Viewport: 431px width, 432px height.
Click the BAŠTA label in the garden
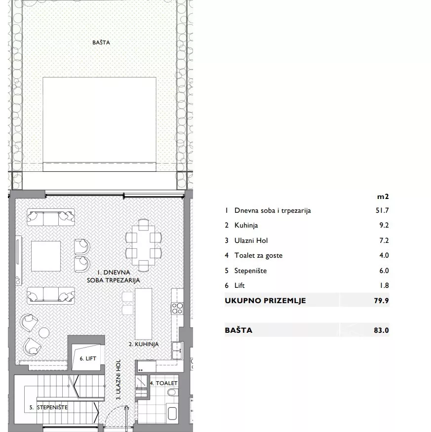[x=101, y=42]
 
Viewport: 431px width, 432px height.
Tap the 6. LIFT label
[x=88, y=358]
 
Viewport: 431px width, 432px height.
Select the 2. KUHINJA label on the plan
[x=144, y=344]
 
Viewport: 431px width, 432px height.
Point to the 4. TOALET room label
[x=164, y=383]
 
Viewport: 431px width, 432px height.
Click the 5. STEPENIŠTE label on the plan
[x=48, y=407]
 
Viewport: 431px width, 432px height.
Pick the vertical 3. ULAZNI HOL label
[x=118, y=379]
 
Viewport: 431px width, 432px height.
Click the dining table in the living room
[x=143, y=245]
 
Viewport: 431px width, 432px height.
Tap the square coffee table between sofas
[x=46, y=256]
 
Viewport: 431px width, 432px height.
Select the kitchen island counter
[x=143, y=314]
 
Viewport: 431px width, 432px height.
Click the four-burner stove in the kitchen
[x=177, y=308]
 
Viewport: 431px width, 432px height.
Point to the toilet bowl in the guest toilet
[x=173, y=392]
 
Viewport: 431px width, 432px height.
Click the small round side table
[x=44, y=333]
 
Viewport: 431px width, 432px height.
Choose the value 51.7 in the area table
[x=382, y=210]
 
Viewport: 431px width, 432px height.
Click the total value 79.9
[x=382, y=300]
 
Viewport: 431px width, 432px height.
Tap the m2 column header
[x=383, y=196]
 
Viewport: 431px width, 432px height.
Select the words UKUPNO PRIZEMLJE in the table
[x=266, y=301]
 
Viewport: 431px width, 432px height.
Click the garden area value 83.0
[x=382, y=330]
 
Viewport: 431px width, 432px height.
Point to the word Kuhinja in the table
[x=246, y=225]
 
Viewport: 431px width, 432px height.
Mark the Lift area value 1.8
[x=384, y=285]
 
